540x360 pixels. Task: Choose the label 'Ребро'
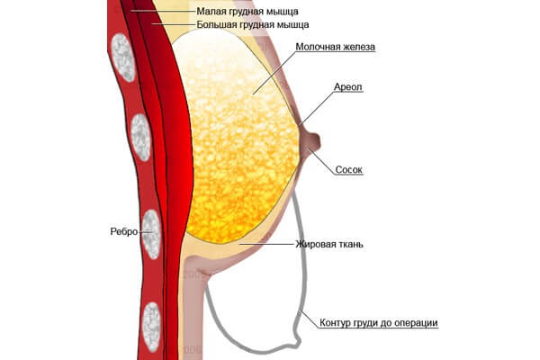pos(124,231)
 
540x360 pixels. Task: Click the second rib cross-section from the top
pos(139,137)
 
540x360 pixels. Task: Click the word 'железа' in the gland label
pos(357,45)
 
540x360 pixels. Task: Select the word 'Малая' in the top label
pos(211,13)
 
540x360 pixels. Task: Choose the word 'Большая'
pos(219,26)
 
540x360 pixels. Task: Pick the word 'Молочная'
pos(319,45)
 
